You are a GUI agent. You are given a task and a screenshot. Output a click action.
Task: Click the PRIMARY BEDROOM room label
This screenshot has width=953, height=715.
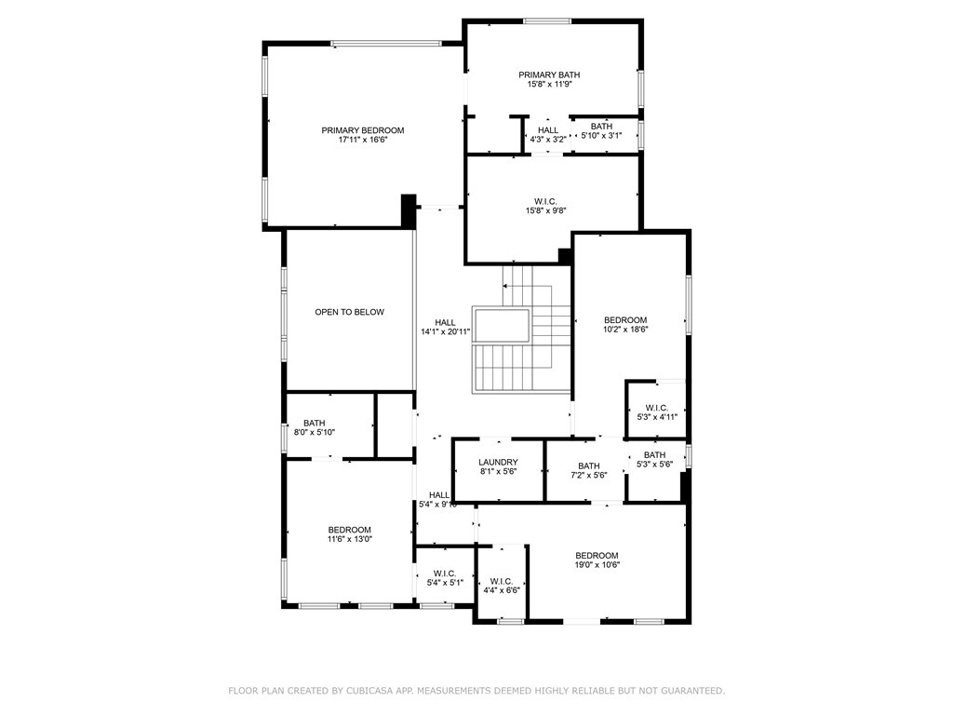pos(363,130)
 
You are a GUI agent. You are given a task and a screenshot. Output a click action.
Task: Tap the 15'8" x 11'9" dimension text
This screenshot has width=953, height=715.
pos(549,85)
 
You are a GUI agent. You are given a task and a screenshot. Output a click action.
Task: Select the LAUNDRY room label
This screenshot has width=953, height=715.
pos(499,462)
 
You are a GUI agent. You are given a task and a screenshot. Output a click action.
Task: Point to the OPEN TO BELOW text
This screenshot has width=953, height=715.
pos(350,312)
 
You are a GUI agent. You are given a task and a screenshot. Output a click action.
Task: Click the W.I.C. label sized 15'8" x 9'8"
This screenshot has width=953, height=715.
pos(545,201)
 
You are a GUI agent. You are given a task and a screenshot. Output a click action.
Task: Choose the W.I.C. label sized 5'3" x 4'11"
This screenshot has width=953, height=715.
pos(657,408)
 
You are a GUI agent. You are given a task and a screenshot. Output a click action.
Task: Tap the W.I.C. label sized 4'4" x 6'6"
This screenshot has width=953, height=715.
pos(502,581)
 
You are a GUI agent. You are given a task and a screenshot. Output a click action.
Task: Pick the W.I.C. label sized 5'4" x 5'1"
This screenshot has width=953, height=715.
pos(445,573)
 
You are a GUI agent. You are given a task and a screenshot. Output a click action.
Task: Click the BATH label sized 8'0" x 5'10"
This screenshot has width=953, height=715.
pos(315,423)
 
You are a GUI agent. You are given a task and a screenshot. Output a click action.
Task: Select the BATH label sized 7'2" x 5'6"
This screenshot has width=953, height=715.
pos(589,465)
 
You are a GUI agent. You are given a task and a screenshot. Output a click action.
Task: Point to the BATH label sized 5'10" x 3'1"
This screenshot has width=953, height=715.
pos(602,127)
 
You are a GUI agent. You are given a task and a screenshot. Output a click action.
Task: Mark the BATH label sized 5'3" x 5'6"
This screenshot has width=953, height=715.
pos(654,454)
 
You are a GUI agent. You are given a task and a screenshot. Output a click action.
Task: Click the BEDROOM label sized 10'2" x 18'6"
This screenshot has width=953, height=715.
pos(625,320)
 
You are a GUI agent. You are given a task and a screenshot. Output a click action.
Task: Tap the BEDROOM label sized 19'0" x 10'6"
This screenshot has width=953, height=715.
pos(597,555)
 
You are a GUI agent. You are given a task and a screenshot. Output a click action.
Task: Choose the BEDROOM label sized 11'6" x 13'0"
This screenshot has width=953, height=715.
pos(350,530)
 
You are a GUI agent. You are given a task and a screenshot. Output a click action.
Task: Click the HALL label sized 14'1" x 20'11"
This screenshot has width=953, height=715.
pos(445,323)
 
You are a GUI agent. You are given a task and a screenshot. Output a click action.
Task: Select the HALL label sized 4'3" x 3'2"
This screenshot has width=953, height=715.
pos(548,130)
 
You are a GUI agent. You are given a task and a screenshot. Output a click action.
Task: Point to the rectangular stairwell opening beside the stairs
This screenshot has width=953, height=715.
pos(502,326)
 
